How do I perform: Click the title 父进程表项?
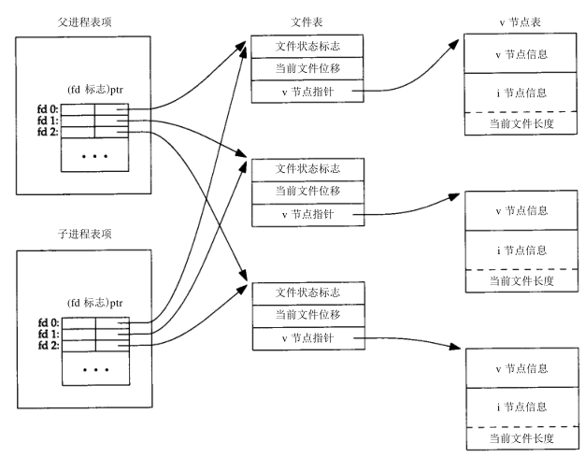pos(85,22)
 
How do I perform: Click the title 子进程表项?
pos(85,234)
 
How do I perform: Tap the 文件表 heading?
pos(307,22)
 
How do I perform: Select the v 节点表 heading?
pos(521,22)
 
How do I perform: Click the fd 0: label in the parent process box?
pos(48,109)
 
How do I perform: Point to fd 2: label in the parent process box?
pos(48,132)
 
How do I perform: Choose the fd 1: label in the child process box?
pos(49,334)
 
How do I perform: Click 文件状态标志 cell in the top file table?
pos(307,46)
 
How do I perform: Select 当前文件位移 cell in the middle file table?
pos(307,193)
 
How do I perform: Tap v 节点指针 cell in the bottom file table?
pos(308,338)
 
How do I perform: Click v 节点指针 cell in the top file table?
pos(307,91)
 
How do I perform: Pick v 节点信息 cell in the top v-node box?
pos(521,53)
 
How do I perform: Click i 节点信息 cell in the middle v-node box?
pos(521,250)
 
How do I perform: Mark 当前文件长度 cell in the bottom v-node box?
pos(522,438)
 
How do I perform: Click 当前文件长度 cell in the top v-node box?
pos(521,123)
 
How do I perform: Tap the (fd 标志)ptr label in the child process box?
pos(94,303)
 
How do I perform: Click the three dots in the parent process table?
pos(94,156)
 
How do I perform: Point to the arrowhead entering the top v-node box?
pos(453,45)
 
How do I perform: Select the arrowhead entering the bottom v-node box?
pos(455,347)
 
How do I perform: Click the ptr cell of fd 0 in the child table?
pos(112,323)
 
